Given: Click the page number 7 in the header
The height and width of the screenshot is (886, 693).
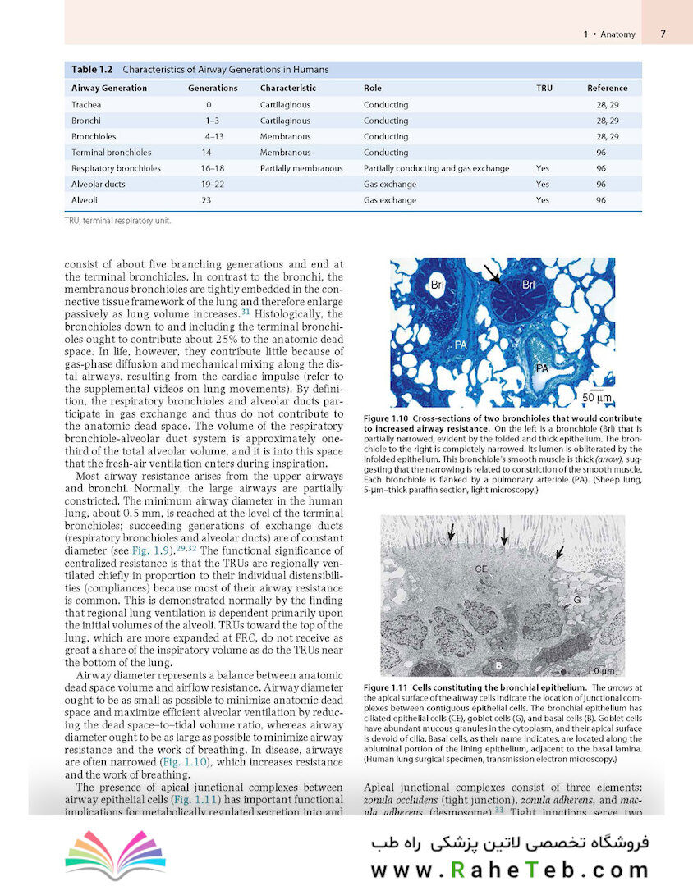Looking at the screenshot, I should (663, 34).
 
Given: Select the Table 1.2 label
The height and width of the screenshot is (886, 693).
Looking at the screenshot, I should (92, 69).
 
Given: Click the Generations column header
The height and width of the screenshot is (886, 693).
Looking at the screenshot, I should (213, 88).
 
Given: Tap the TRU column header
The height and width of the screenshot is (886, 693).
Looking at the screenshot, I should (544, 88).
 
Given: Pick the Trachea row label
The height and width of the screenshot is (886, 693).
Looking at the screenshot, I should (87, 105).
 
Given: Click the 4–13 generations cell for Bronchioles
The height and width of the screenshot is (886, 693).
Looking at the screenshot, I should (214, 136).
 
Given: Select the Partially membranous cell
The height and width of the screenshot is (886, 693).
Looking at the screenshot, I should (301, 168).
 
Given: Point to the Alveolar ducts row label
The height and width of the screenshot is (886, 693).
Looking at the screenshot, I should (99, 185).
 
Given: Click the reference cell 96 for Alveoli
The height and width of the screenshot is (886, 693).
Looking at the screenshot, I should (601, 200).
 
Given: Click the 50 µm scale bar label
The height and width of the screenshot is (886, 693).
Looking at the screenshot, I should (598, 398).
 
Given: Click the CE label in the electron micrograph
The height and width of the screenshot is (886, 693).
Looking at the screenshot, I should (482, 569).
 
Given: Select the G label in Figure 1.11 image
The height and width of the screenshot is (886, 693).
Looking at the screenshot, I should (576, 600).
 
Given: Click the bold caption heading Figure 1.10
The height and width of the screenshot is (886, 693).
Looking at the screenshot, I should (391, 419).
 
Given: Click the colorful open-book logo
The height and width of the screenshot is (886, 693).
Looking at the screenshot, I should (103, 858).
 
